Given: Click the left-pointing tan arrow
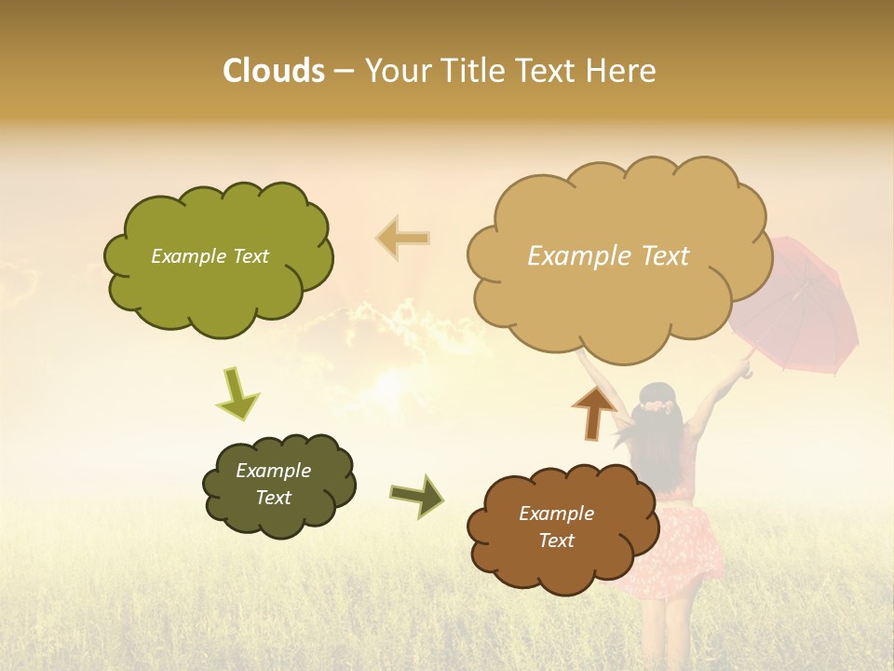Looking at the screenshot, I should [x=403, y=239].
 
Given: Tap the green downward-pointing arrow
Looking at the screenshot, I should [x=237, y=393].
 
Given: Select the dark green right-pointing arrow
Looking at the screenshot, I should [x=418, y=496].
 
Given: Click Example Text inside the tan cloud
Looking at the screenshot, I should [x=608, y=256].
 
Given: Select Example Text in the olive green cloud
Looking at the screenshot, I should [x=210, y=256].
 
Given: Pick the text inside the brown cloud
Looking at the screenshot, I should [x=556, y=527].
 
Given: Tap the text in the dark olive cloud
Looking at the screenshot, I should [x=273, y=484].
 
